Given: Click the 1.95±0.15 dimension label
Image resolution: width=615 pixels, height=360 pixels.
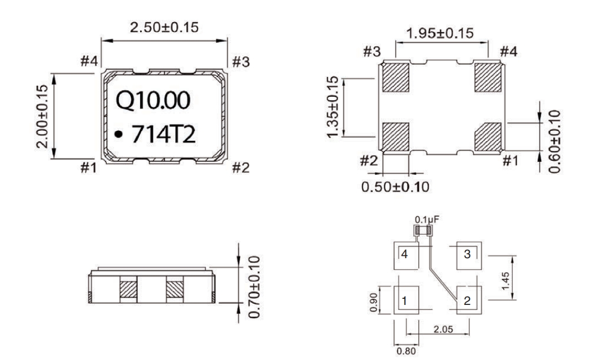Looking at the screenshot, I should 440,33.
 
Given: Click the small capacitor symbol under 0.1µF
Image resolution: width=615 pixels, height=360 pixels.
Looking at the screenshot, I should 422,229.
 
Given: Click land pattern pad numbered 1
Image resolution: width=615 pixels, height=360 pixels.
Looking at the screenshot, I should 406,300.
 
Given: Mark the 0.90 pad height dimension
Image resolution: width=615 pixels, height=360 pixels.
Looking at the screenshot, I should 374,300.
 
